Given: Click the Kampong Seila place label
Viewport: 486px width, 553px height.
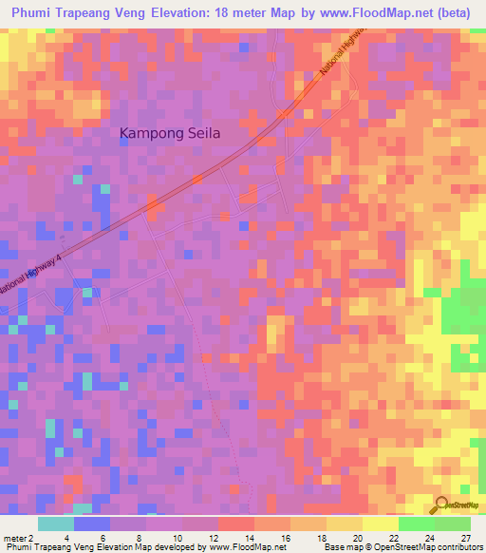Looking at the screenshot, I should pyautogui.click(x=170, y=134).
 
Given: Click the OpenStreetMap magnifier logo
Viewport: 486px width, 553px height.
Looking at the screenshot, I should pyautogui.click(x=441, y=505).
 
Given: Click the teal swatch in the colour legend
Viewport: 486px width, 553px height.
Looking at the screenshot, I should pyautogui.click(x=56, y=524).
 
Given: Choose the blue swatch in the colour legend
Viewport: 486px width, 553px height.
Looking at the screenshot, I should pyautogui.click(x=92, y=524).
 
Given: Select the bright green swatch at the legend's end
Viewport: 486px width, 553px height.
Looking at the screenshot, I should pyautogui.click(x=452, y=524).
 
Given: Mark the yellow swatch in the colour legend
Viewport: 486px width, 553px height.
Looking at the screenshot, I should pyautogui.click(x=345, y=524).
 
